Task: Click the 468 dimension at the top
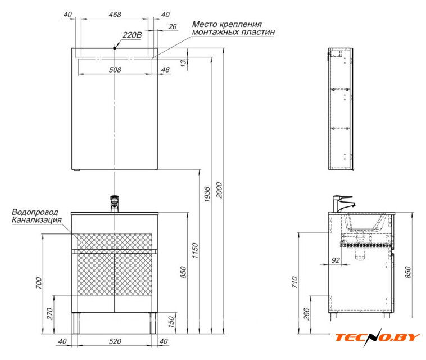[x=115, y=15]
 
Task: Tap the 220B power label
[x=132, y=35]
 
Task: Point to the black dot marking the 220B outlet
[x=115, y=48]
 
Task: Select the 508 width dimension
[x=115, y=70]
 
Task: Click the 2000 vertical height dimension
[x=219, y=190]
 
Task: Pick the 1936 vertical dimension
[x=207, y=194]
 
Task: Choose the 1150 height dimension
[x=195, y=250]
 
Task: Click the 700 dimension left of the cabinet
[x=39, y=283]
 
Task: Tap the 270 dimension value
[x=50, y=314]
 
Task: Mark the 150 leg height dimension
[x=171, y=322]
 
